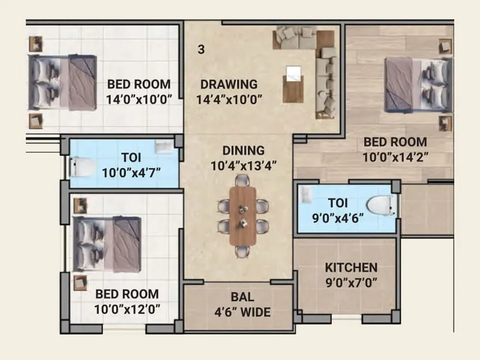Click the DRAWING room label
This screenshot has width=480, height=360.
point(229,85)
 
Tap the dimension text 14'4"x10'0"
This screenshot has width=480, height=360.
point(230,100)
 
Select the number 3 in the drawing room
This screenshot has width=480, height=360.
point(201,49)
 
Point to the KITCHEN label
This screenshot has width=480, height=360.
point(351,268)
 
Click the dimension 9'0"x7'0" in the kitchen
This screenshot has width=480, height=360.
point(351,283)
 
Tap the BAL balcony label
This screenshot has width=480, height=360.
point(242,297)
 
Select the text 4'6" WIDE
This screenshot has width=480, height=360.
point(242,312)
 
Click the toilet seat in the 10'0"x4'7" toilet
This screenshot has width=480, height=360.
point(80,166)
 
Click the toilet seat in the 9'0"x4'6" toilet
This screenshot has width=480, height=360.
point(380,206)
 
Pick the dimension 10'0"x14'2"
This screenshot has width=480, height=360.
point(395,157)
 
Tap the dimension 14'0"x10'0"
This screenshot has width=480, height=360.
point(143,100)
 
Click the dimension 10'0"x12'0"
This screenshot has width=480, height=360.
point(127,310)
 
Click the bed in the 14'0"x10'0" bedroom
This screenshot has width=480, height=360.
point(64,82)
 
